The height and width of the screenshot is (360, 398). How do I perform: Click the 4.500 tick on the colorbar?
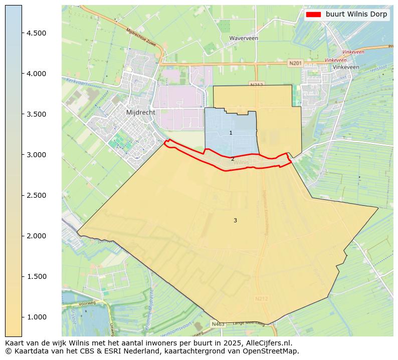click(37, 33)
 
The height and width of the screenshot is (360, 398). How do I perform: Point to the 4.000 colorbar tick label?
click(37, 74)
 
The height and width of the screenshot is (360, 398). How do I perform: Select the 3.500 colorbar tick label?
click(37, 114)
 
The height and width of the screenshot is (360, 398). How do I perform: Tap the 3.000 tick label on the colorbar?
click(37, 155)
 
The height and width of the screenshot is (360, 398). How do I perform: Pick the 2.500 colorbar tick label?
click(37, 195)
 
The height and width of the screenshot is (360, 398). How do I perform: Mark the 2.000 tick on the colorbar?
click(37, 236)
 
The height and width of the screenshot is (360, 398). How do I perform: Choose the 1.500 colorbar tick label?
click(37, 276)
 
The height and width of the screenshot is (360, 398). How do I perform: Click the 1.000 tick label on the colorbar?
click(37, 317)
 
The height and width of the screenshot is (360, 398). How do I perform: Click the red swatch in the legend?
click(313, 15)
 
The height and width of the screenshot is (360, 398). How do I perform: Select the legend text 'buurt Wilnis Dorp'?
click(356, 15)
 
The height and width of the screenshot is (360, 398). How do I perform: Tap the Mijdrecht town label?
click(141, 113)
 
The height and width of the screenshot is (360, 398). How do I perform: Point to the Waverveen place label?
click(244, 38)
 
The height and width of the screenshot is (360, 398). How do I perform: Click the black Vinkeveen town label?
click(346, 67)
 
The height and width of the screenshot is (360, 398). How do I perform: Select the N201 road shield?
click(296, 63)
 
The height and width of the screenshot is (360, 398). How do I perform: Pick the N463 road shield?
click(218, 324)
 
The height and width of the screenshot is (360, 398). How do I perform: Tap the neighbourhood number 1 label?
click(231, 133)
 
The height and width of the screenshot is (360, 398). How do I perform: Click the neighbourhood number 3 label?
click(235, 220)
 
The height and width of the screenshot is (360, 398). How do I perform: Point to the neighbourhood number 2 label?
click(233, 159)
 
